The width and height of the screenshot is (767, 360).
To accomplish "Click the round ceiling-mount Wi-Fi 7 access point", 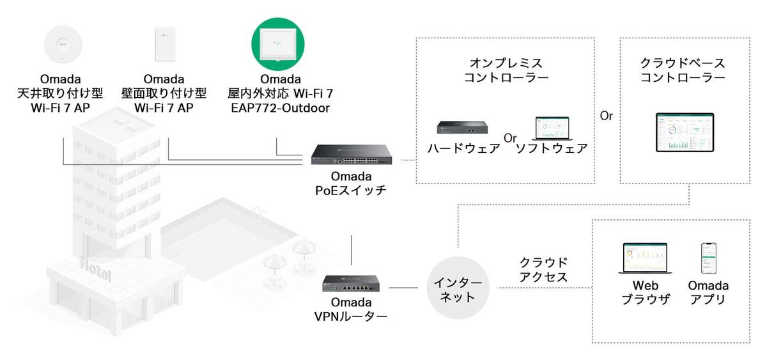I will click(63, 46).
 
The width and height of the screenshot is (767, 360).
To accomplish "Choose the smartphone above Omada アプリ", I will click(708, 258).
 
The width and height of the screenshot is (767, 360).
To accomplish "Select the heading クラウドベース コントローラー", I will click(683, 70).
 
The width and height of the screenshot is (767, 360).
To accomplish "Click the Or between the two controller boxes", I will click(607, 116).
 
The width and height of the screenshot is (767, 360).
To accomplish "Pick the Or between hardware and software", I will click(510, 137).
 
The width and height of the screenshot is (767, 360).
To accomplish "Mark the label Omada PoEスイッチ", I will click(350, 183).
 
